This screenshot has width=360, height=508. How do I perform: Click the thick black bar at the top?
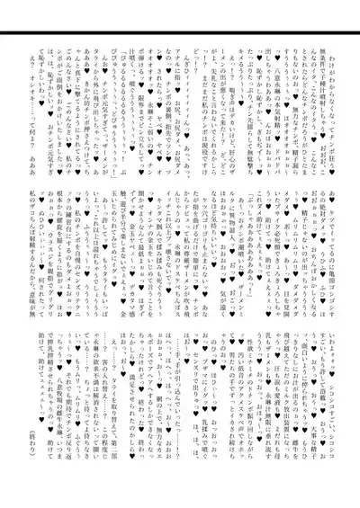point(180,33)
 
